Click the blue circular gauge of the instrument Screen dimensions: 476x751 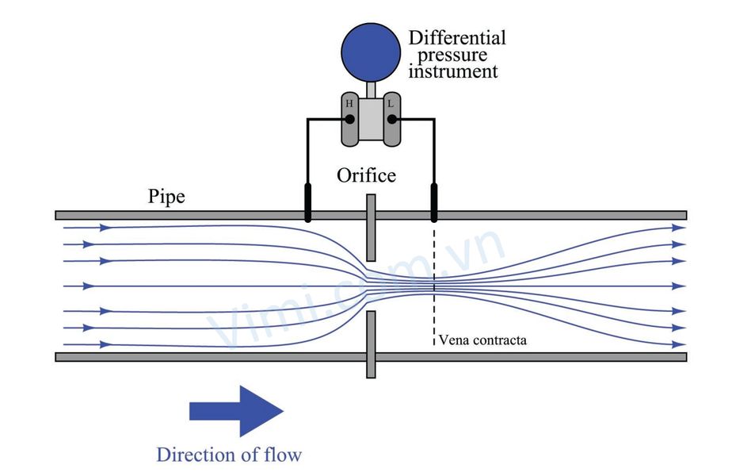click(370, 49)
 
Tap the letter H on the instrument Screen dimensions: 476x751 click(349, 104)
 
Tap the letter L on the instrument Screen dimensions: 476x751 click(391, 104)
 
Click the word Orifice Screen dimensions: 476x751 click(366, 175)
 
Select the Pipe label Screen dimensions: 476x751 click(166, 196)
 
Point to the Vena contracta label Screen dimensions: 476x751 click(482, 340)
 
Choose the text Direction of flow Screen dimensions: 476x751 click(229, 455)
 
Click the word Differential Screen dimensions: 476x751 click(457, 37)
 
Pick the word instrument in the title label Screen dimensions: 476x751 click(453, 71)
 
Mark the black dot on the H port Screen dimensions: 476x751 click(349, 120)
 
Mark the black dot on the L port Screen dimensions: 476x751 click(391, 120)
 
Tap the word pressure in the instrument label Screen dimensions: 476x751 click(452, 55)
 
